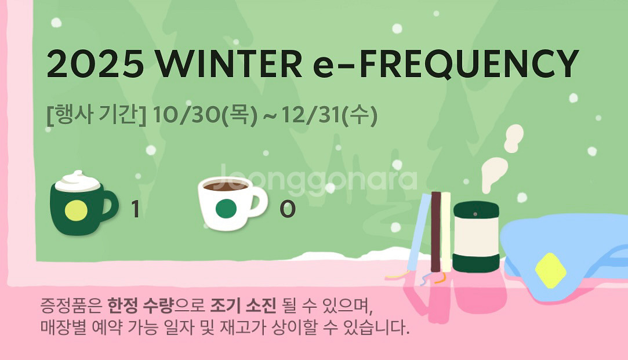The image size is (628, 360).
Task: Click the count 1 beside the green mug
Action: tap(135, 209)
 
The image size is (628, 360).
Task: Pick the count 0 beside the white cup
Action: tap(287, 209)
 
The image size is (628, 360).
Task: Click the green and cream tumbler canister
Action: tap(476, 238)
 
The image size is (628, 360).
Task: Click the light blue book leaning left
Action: tap(419, 232)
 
